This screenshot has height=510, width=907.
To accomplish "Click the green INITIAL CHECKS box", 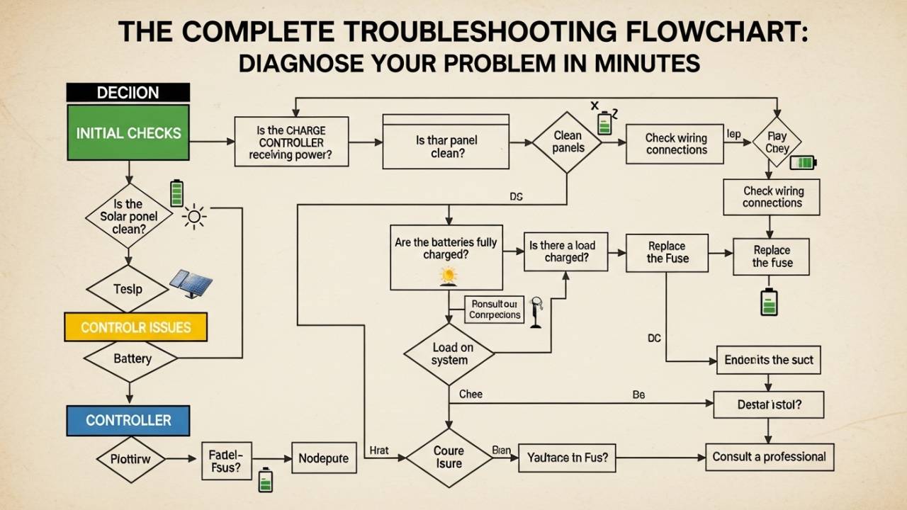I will pos(128,132).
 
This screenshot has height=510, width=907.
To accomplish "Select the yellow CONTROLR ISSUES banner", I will pos(135,327).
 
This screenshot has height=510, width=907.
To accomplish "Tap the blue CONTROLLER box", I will pos(128,420).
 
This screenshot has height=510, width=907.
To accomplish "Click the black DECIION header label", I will pos(128,92).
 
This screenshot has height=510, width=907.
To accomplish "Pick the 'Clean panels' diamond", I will pos(567,142).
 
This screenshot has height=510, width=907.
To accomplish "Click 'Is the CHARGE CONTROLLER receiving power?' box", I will pos(291,142).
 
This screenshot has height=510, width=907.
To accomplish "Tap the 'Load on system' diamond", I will pos(449,354).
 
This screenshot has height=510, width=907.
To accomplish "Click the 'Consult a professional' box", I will pos(769,457).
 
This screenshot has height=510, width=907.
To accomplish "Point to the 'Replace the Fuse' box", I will pos(667,252).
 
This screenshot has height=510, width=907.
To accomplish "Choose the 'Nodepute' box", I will pos(322,458).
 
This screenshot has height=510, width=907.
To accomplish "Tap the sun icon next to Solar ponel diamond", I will pos(194,216).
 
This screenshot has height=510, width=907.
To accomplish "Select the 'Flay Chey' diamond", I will pos(777,143).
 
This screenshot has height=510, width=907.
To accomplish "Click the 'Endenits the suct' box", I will pos(768,360).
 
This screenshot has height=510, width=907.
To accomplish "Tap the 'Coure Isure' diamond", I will pos(449,458).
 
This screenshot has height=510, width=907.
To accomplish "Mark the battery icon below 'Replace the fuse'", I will pos(768,302).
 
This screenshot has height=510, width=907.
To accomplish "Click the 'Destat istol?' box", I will pos(768,406).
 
